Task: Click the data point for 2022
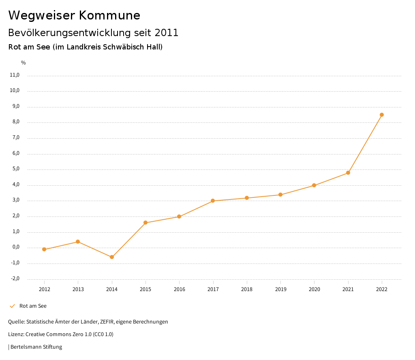point(382,115)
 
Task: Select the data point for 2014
point(112,257)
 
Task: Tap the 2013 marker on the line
point(78,242)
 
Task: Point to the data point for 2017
point(213,201)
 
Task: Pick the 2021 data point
point(348,173)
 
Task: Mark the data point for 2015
point(145,223)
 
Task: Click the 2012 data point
point(44,249)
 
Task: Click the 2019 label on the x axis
point(280,289)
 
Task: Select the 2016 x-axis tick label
point(179,289)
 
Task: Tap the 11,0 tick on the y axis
point(15,75)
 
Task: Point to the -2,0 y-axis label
point(15,279)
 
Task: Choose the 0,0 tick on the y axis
point(15,247)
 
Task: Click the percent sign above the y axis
point(24,62)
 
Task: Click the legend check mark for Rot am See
point(12,306)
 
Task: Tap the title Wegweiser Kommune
point(74,15)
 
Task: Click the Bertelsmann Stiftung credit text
point(36,347)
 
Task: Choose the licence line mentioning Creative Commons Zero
point(61,334)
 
